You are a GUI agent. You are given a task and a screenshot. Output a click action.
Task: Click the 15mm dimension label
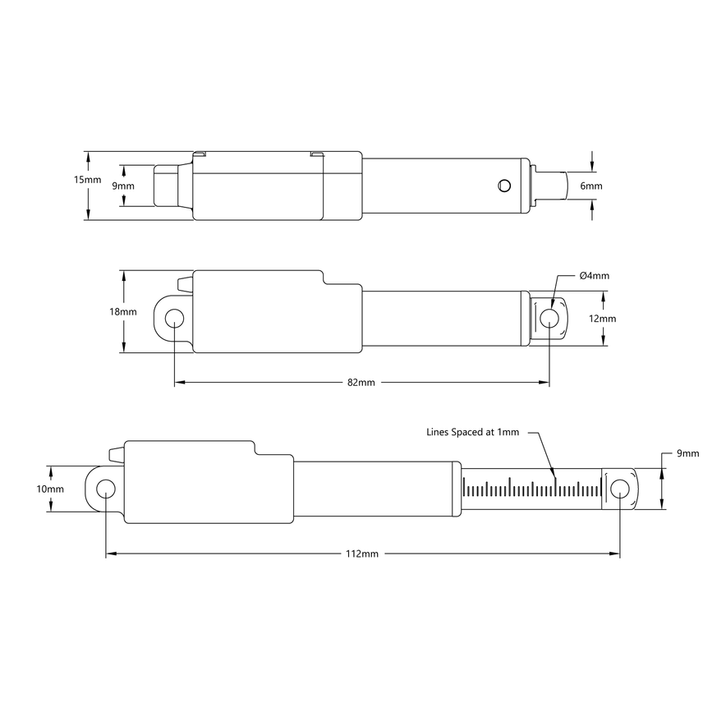pos(88,180)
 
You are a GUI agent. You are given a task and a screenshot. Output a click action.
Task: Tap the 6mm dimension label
pos(590,186)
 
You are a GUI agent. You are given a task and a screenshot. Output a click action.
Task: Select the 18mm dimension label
pos(123,312)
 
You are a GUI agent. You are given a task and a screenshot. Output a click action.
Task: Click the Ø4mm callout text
pos(594,276)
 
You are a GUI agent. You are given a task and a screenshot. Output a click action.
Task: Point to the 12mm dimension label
pos(602,319)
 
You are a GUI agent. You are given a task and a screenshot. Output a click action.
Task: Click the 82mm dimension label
pos(361,383)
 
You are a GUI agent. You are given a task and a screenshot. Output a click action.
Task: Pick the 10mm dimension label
pos(51,489)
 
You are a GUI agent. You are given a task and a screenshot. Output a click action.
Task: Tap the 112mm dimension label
pos(362,554)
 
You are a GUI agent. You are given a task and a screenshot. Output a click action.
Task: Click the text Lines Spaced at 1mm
pos(472,431)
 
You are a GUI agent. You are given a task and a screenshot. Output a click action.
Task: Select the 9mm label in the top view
pos(123,186)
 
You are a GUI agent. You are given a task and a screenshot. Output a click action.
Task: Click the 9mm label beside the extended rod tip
pos(687,453)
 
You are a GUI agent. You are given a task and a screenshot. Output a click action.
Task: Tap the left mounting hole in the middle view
pos(174,318)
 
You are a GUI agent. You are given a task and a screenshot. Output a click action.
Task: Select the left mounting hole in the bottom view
pos(105,489)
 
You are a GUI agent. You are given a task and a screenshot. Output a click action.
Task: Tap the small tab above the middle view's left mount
pos(184,285)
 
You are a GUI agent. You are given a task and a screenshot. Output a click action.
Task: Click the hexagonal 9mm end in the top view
pos(168,186)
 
